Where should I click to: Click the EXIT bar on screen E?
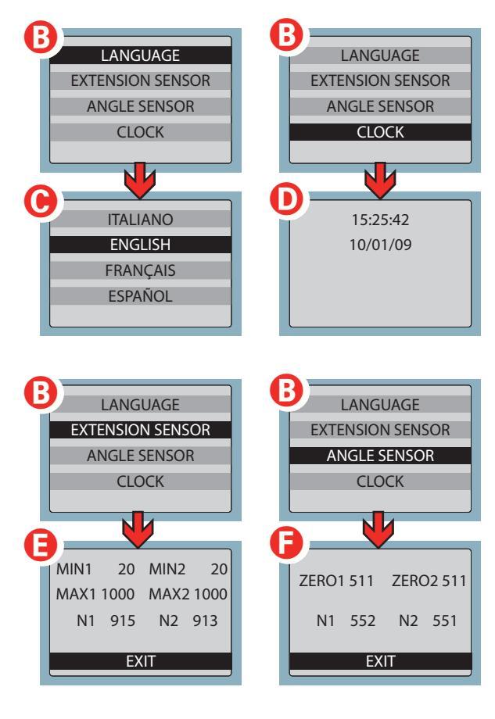pyautogui.click(x=141, y=661)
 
